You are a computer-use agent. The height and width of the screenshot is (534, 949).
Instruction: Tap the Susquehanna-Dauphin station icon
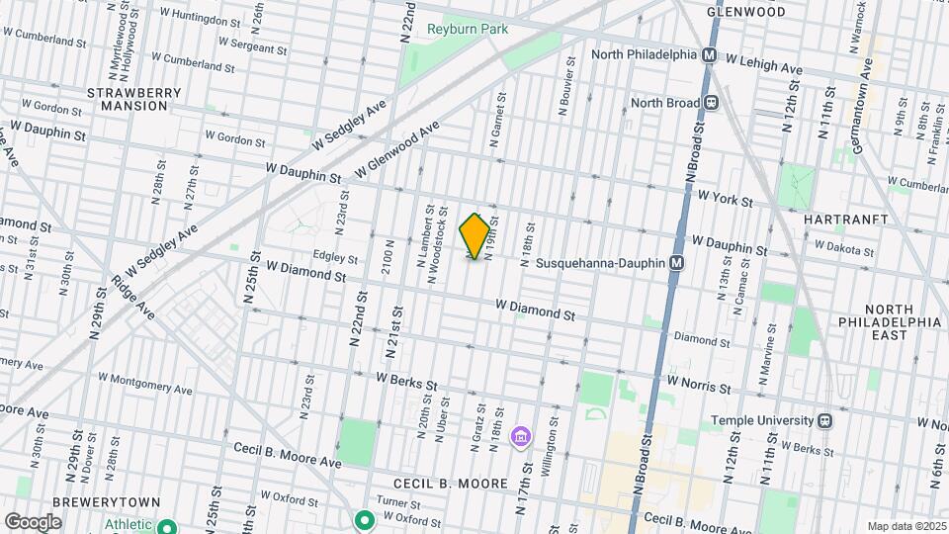point(677,263)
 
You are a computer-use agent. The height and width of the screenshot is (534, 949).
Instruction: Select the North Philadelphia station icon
point(709,56)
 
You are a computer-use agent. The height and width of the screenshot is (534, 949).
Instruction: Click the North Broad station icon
point(711,102)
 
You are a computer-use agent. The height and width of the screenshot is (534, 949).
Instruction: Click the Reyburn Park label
point(468,29)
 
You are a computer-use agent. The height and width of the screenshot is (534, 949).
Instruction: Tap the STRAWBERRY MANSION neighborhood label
point(134,98)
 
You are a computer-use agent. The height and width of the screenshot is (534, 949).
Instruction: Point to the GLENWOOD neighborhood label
point(747,12)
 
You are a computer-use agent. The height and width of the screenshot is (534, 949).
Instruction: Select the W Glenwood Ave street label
point(396,151)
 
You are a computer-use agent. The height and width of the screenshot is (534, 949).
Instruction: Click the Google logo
point(33,521)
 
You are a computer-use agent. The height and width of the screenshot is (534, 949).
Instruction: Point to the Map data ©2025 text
point(906,526)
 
